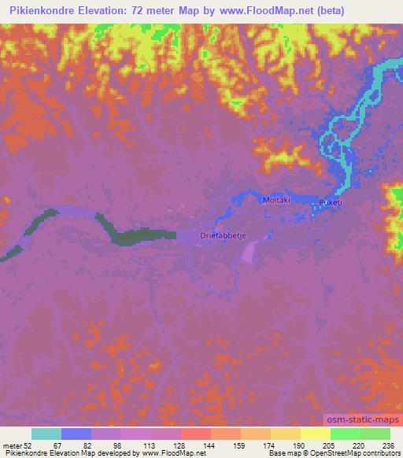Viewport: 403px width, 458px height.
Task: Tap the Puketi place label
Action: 330,203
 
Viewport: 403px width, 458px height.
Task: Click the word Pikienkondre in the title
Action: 46,10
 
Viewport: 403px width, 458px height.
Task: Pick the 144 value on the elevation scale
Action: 210,445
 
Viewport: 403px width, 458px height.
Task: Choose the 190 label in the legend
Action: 299,445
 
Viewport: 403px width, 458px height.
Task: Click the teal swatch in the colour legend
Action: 46,434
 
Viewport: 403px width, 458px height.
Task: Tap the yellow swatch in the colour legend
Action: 315,434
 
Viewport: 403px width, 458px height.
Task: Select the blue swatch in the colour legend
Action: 76,434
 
